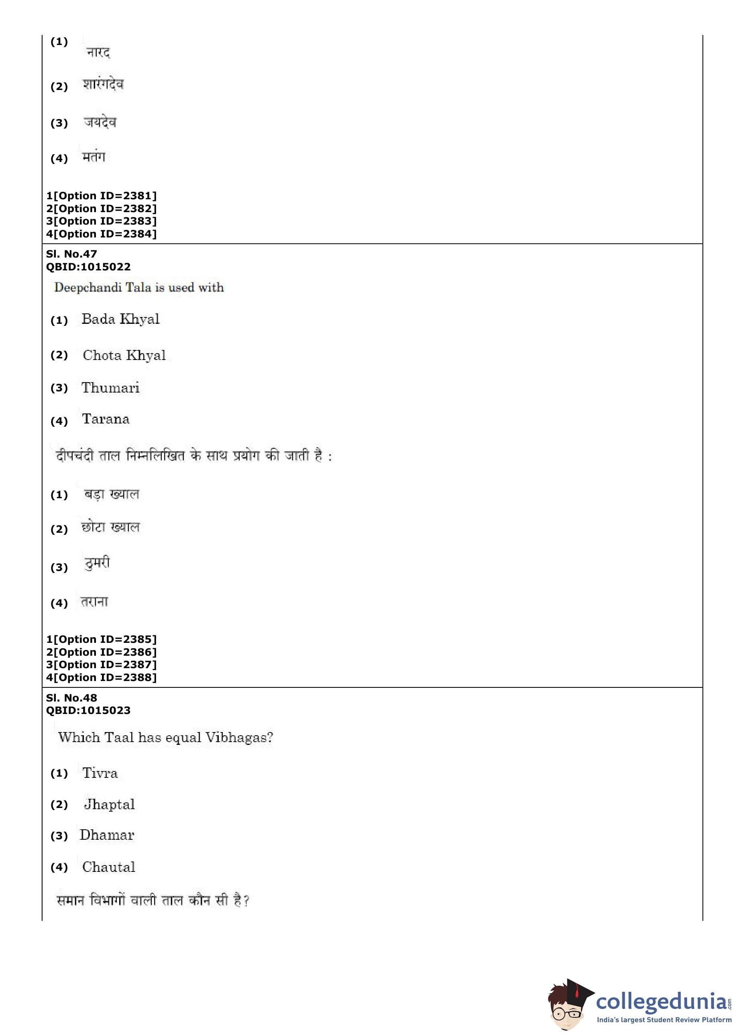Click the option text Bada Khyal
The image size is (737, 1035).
(120, 319)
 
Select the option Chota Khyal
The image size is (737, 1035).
(124, 355)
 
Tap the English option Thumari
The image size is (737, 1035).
(110, 388)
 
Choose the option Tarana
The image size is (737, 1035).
(106, 419)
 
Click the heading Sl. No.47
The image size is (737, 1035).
(71, 254)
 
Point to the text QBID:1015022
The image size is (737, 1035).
(88, 266)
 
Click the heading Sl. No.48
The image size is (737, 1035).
(71, 697)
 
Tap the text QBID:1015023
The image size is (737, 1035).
(88, 710)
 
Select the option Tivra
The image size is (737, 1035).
(100, 773)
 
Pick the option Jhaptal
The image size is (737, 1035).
(109, 805)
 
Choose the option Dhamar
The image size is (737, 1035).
(107, 835)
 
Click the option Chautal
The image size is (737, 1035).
(108, 867)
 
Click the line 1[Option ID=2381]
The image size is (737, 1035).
(101, 196)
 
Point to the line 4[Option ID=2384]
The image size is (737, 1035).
(101, 234)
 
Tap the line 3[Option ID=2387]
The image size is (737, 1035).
(101, 665)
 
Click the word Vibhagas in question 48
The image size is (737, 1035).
(239, 737)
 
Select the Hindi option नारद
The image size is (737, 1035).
(98, 53)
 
